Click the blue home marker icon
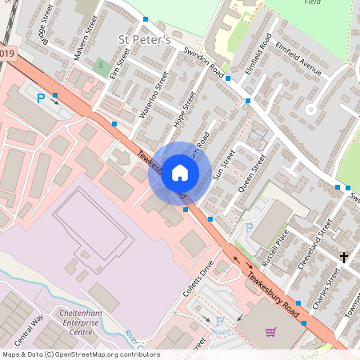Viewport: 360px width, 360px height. [180, 173]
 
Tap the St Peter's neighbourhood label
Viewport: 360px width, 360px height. [144, 39]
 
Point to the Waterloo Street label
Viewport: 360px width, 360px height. [154, 94]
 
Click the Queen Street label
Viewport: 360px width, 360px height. [250, 176]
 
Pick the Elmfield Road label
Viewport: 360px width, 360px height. [260, 61]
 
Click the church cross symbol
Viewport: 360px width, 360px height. [344, 258]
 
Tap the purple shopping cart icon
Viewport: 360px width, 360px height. [270, 332]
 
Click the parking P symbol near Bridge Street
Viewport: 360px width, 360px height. [41, 98]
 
